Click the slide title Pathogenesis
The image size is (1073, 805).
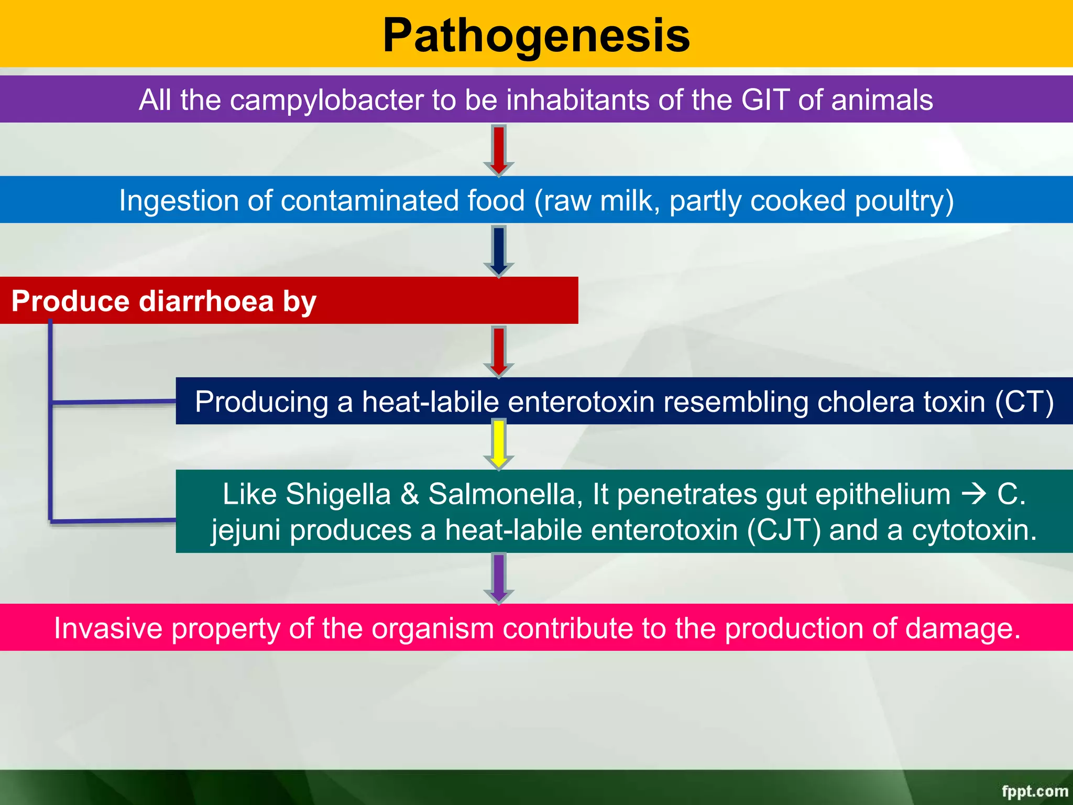pos(536,36)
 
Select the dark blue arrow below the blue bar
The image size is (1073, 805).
pos(499,251)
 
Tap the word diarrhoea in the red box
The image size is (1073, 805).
pos(206,301)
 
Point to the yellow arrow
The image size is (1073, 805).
pos(499,444)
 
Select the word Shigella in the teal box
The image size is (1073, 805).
pos(338,494)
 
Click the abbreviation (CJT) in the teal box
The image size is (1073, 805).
pos(784,530)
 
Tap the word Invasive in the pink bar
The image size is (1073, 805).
pos(108,628)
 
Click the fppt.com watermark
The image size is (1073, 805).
pos(1034,791)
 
